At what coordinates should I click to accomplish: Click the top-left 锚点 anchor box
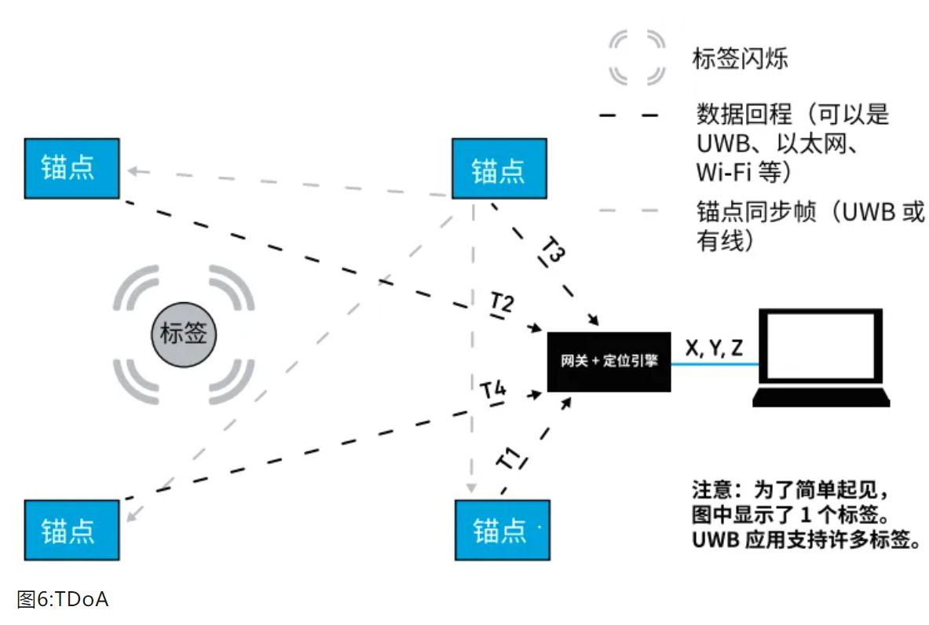pos(71,168)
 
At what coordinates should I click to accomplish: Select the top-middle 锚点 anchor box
pos(499,168)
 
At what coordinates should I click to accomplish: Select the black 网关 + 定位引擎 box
pos(609,361)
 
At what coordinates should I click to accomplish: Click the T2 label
pos(502,303)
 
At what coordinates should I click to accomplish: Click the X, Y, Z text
pos(714,348)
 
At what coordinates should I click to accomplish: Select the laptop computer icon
pos(821,357)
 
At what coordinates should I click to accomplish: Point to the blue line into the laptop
pos(715,364)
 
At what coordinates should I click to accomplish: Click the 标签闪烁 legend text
pos(740,57)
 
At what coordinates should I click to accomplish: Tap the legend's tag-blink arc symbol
pos(637,57)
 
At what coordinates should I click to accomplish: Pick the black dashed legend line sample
pos(628,115)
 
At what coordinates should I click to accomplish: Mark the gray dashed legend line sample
pos(628,210)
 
